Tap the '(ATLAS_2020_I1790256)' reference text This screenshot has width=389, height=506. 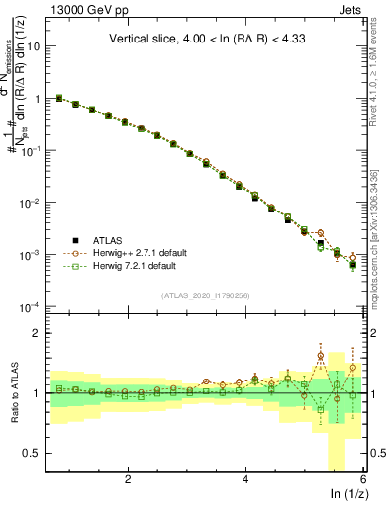click(206, 295)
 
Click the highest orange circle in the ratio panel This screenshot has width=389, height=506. click(320, 356)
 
